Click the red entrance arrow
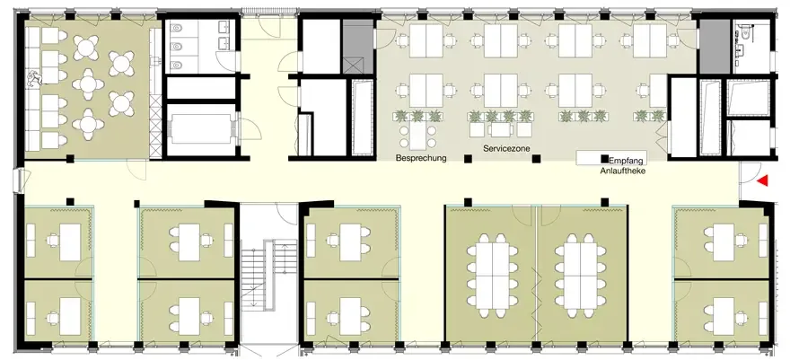pos(762,180)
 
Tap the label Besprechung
pos(421,158)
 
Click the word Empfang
pos(626,162)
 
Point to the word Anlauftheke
pos(623,171)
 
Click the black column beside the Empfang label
pos(604,159)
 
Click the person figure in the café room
pos(35,79)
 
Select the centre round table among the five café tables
pos(88,84)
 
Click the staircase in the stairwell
pos(263,275)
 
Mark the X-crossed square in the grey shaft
pos(352,66)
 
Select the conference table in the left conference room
pos(492,276)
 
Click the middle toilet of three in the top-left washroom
pos(176,47)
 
